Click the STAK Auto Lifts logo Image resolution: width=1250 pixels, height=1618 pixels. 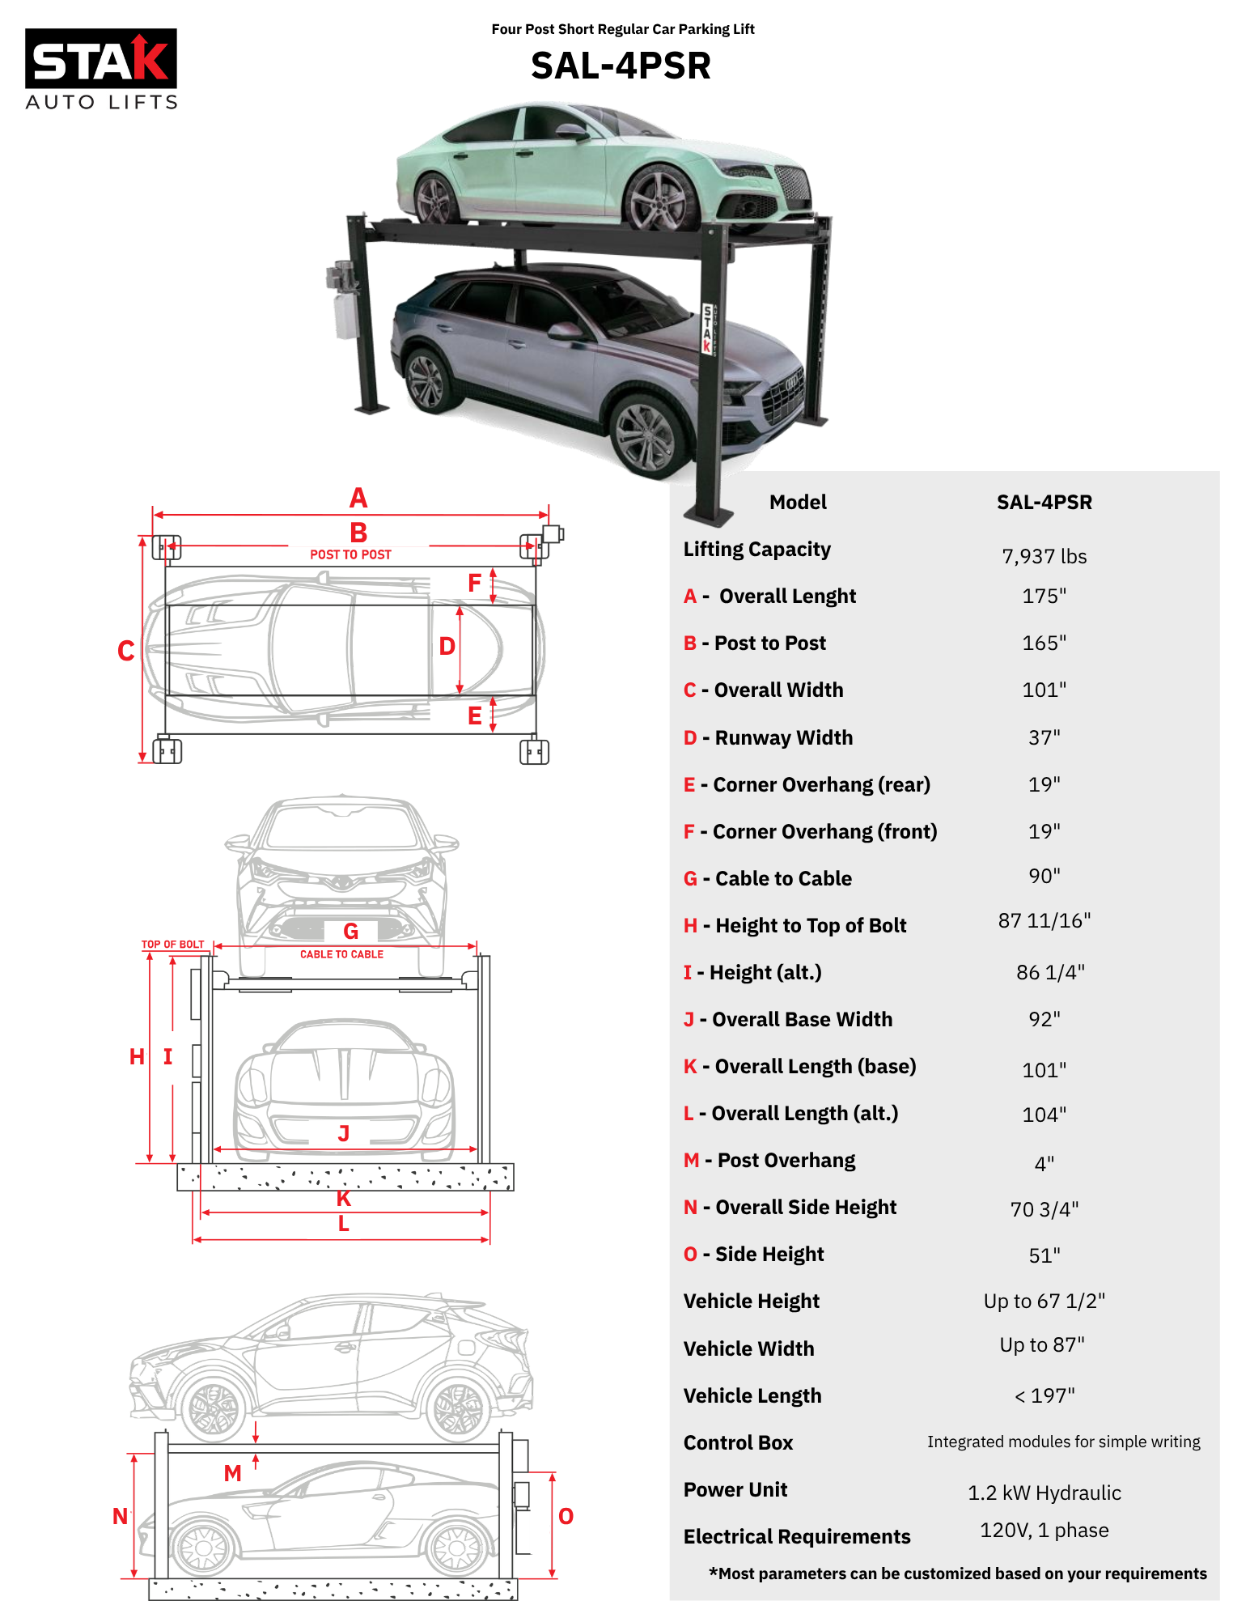coord(101,69)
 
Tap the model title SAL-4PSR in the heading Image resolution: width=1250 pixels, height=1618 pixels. coord(621,66)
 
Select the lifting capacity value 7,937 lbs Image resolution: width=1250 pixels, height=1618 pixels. coord(1044,556)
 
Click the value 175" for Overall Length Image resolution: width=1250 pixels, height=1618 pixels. coord(1044,596)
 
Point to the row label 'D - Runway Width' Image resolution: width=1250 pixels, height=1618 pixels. coord(768,737)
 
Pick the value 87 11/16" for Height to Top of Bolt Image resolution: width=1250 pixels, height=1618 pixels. coord(1044,920)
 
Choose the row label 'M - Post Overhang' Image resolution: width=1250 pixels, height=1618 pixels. coord(769,1160)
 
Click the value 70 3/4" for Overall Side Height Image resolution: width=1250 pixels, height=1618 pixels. coord(1044,1208)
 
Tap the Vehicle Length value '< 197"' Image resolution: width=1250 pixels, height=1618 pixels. coord(1044,1395)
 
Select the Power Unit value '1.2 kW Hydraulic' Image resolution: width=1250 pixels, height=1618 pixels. coord(1044,1493)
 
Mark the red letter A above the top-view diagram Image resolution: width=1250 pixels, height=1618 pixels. coord(358,498)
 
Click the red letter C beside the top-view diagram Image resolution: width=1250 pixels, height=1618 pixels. coord(125,651)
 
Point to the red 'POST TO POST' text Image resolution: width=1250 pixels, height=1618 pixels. coord(350,554)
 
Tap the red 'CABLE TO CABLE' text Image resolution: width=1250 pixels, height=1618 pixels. coord(341,954)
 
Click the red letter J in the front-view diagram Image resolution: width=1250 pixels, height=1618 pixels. coord(344,1133)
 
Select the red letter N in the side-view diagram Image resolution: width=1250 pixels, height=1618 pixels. coord(120,1516)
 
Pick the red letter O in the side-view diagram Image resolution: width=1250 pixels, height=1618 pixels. coord(566,1516)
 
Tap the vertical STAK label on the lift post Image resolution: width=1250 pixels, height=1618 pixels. coord(707,329)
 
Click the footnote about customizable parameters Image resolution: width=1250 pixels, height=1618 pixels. coord(957,1573)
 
